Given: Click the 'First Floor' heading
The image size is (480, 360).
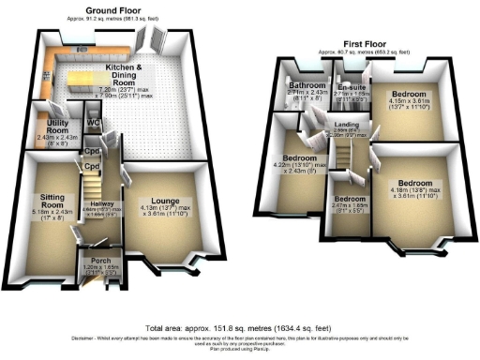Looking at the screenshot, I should [x=367, y=43].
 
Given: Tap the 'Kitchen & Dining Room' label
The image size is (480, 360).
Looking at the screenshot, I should [x=125, y=74].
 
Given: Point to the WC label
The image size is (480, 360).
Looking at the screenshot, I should [x=94, y=123].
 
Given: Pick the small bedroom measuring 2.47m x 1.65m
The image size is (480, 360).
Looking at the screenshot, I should [x=350, y=200].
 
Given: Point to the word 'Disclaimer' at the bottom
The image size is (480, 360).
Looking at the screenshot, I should [x=83, y=337].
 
